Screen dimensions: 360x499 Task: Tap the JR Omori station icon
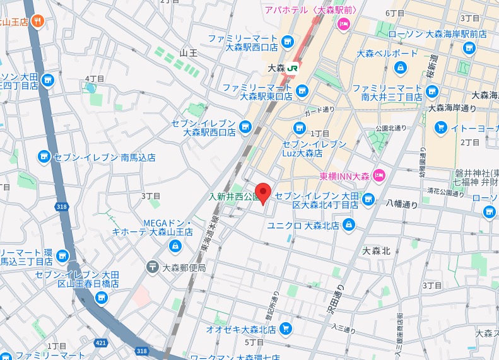coord(293,67)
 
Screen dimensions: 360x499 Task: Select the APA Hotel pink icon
coord(344,25)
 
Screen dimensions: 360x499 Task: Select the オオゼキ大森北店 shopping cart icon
coord(286,328)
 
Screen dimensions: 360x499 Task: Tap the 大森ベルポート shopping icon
coord(400,67)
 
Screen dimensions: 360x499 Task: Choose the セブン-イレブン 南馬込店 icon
coord(44,156)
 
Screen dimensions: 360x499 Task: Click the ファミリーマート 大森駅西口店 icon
coord(288,42)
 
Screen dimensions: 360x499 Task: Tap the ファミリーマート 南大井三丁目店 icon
coord(431,92)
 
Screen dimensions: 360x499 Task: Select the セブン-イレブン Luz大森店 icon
coord(300,129)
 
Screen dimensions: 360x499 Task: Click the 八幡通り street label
coord(402,204)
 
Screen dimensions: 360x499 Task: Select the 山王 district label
coord(189,52)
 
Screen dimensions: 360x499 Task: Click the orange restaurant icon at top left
coord(38,22)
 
